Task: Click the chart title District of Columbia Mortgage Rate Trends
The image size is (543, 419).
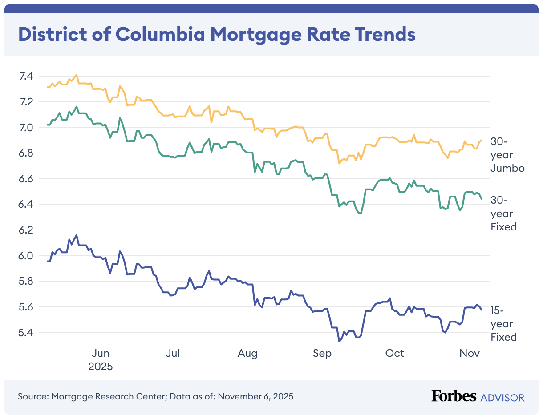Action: click(x=217, y=35)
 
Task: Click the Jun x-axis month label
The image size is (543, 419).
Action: click(x=100, y=353)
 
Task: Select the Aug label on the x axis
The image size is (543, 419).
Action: click(x=247, y=353)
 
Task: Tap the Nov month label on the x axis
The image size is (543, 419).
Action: click(x=469, y=353)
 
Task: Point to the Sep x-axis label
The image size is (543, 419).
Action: click(x=322, y=353)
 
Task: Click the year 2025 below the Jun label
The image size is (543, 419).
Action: click(x=100, y=367)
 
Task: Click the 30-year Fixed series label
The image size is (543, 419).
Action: click(x=503, y=213)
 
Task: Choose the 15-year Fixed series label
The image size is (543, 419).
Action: click(x=503, y=323)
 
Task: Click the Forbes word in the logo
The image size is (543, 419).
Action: click(x=454, y=396)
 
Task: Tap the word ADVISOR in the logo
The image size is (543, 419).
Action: click(x=502, y=397)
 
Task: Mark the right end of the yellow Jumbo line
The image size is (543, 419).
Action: click(x=482, y=140)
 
